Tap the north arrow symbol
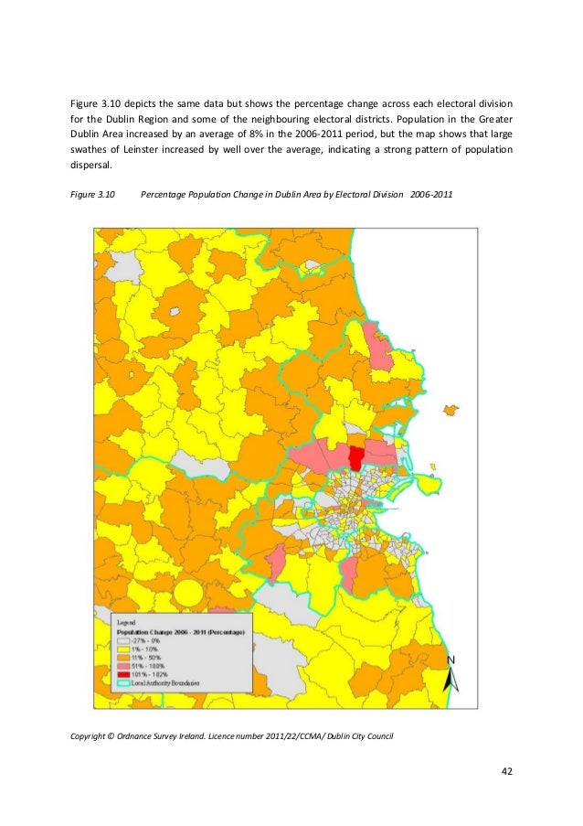tap(450, 675)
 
